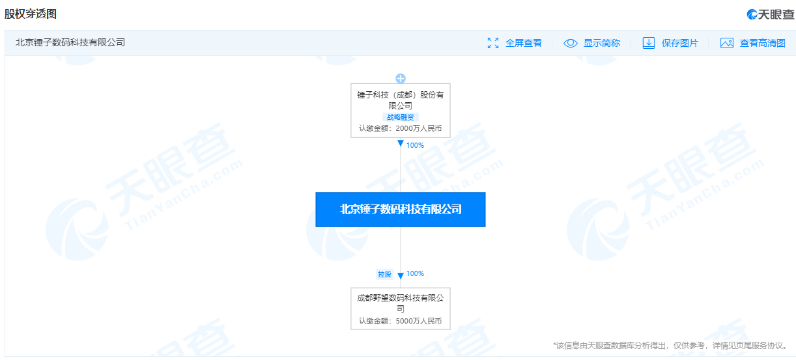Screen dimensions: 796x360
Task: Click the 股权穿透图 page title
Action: (x=31, y=14)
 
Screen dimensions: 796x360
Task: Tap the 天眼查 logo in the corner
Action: (x=771, y=14)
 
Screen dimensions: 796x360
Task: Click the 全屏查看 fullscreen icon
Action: (x=493, y=43)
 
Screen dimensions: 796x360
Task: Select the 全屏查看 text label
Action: (x=524, y=43)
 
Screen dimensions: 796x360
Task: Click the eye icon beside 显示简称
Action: (x=571, y=43)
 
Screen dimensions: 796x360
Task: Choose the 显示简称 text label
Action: (x=602, y=43)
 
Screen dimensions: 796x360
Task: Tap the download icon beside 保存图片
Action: (x=649, y=43)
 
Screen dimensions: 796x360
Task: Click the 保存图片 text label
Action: (x=680, y=43)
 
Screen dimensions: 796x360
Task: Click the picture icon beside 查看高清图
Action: (x=727, y=43)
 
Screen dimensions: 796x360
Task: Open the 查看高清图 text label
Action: (x=763, y=43)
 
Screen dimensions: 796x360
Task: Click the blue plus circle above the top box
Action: (x=401, y=79)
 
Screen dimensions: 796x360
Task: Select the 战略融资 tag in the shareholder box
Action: (x=401, y=117)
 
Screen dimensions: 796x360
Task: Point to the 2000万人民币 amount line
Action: (x=401, y=128)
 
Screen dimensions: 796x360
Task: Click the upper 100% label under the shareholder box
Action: (x=415, y=145)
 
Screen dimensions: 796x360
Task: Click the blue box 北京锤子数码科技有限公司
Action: (x=401, y=210)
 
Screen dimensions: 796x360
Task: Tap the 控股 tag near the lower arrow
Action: (x=384, y=274)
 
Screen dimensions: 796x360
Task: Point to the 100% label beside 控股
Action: (x=415, y=273)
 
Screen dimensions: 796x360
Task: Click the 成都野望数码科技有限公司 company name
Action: (x=401, y=303)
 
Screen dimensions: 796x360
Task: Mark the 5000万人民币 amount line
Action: (x=401, y=321)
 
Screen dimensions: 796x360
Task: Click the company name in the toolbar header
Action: (x=70, y=42)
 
